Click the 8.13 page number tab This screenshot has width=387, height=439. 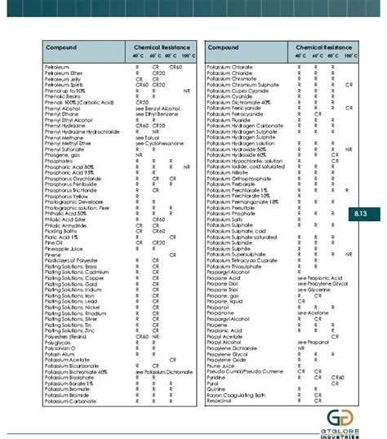366,213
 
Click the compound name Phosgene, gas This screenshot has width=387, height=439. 60,153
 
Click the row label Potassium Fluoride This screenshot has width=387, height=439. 233,118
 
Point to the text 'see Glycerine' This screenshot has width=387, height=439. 314,289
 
